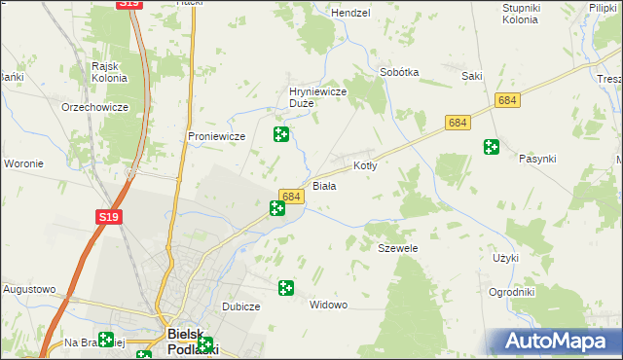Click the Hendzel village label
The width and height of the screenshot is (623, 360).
pyautogui.click(x=351, y=13)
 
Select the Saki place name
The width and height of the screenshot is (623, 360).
pyautogui.click(x=473, y=74)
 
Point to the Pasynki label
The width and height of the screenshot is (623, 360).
pyautogui.click(x=537, y=158)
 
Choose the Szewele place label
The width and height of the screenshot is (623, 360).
pyautogui.click(x=397, y=248)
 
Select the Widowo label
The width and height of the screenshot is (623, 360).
pyautogui.click(x=328, y=305)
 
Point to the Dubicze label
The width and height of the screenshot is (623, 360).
pyautogui.click(x=240, y=306)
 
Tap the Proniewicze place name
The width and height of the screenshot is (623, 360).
pyautogui.click(x=216, y=136)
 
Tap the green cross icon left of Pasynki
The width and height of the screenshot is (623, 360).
pyautogui.click(x=492, y=147)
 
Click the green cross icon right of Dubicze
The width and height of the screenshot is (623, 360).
pyautogui.click(x=286, y=288)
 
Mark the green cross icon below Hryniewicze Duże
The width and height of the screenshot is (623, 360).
pyautogui.click(x=280, y=134)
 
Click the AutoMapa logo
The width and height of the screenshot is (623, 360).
pyautogui.click(x=556, y=341)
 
